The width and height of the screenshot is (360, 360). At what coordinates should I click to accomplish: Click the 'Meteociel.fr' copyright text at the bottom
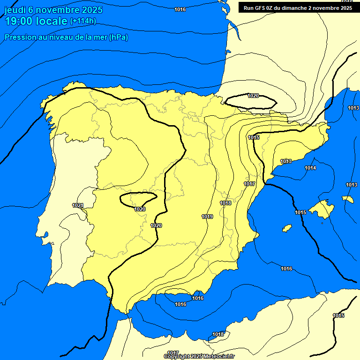coord(216,356)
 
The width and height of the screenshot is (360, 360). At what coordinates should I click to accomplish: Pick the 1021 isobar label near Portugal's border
coord(78,205)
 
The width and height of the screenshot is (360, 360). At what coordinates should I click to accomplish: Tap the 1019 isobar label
coord(208,217)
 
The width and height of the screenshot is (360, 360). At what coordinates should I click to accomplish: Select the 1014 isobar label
coord(310,168)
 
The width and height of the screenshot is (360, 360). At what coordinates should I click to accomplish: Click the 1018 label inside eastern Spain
coord(225,203)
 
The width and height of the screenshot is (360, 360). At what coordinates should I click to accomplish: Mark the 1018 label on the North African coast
coord(218,334)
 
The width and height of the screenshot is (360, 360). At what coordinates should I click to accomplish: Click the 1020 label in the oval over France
coord(253,96)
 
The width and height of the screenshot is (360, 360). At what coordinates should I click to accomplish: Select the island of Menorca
coord(348,199)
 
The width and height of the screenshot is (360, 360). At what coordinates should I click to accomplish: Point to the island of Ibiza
coord(287,228)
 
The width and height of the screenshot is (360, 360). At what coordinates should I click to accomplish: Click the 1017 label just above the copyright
coord(173,353)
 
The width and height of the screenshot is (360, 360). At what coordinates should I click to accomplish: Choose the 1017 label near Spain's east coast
coord(249,184)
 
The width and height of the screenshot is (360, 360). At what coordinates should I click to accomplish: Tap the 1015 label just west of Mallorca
coord(300,212)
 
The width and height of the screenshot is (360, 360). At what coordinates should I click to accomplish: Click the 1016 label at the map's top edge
coord(180,9)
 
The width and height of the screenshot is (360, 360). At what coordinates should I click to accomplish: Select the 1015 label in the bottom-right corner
coord(338,315)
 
